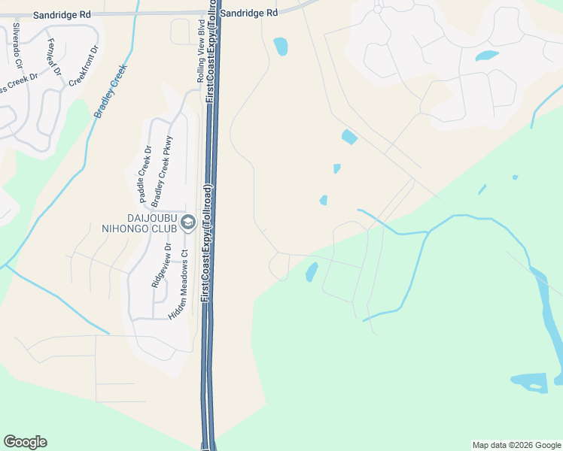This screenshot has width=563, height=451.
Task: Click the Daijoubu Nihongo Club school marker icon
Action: click(187, 222)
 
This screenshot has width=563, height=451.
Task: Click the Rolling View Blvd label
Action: click(201, 57)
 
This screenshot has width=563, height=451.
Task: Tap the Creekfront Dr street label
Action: click(84, 65)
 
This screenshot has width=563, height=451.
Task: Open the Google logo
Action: click(25, 442)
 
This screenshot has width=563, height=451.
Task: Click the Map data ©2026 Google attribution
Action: click(516, 445)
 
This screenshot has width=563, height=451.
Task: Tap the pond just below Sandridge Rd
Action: click(280, 47)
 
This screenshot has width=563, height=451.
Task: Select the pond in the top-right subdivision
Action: click(486, 56)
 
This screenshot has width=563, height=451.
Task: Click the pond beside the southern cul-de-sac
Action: click(312, 272)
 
